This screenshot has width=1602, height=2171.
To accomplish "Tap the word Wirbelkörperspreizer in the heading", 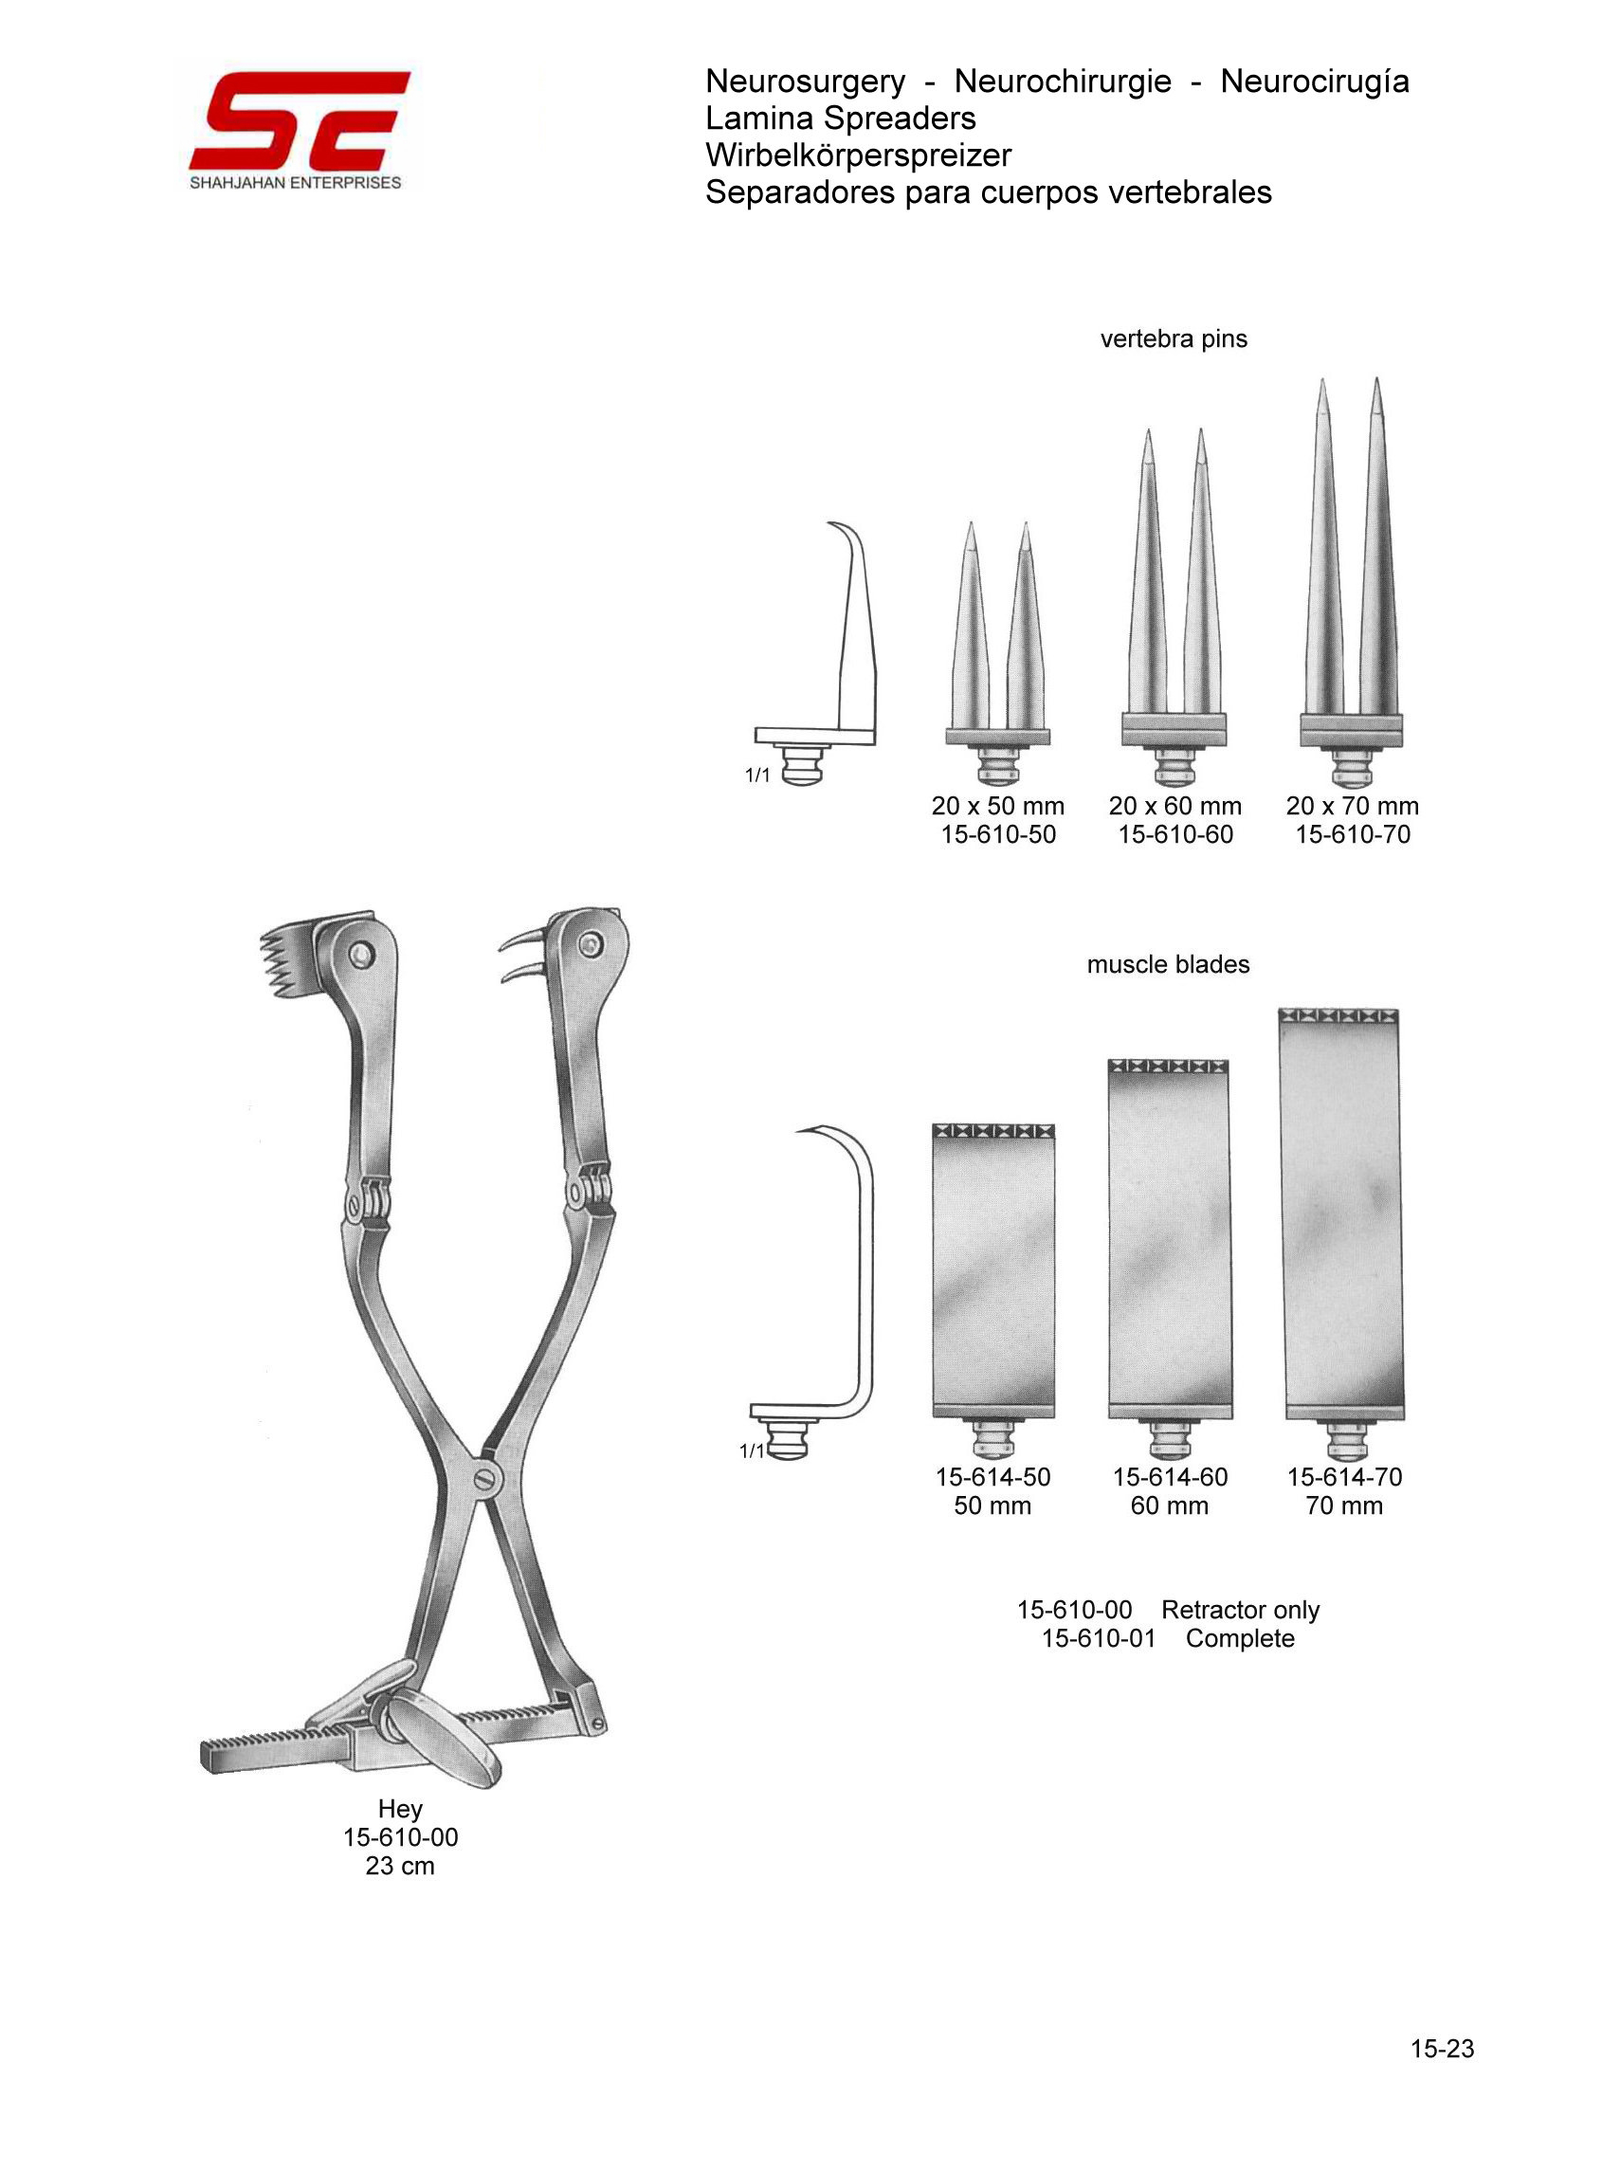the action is coord(858,155).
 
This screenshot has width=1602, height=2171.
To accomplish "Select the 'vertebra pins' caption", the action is coord(1174,338).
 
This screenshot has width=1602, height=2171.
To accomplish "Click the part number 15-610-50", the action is coord(998,834).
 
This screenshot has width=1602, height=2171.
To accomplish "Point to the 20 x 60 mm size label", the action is coord(1175,806).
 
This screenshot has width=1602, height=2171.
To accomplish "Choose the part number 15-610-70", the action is coord(1353,834).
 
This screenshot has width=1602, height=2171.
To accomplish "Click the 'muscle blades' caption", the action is coord(1169,964).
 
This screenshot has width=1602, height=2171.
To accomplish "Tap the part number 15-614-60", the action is coord(1170,1477).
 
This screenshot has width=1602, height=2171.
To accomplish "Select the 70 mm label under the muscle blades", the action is coord(1344,1505).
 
